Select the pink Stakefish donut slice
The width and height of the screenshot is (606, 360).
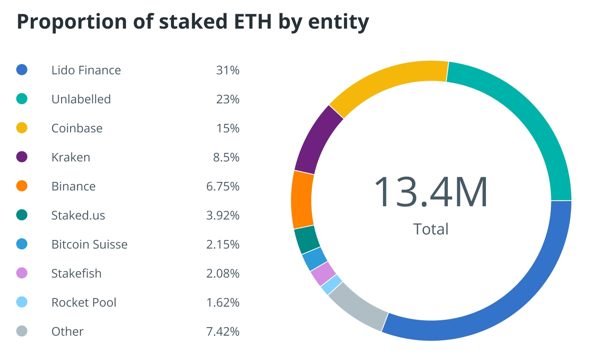tap(323, 274)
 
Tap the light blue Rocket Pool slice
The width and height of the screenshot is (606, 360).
tap(332, 285)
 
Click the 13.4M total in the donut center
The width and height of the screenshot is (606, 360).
tap(431, 193)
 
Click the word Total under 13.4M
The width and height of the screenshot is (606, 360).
tap(431, 229)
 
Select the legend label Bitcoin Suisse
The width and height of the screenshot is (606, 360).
tap(89, 245)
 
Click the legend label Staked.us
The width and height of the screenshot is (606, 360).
tap(78, 216)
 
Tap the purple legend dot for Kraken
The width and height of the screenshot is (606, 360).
tap(22, 157)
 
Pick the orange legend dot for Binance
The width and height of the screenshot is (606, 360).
tap(22, 186)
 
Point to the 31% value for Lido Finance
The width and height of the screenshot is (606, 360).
tap(228, 70)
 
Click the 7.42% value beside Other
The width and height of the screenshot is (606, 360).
tap(223, 331)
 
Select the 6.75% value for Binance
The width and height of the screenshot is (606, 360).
tap(223, 186)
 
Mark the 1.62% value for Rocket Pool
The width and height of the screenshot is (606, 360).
tap(223, 302)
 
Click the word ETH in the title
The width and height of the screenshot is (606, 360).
tap(252, 22)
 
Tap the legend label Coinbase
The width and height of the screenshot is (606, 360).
tap(77, 129)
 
